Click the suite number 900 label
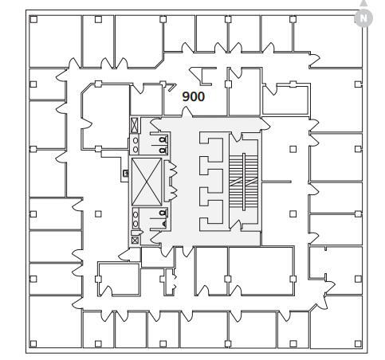[194, 96]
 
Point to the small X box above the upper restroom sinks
[135, 124]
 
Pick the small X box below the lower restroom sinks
[135, 239]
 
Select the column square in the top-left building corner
[33, 19]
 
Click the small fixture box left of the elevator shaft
[125, 173]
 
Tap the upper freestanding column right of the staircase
[293, 148]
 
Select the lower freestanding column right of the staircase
[293, 213]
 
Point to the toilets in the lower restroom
[163, 217]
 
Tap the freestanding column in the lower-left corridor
[98, 213]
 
